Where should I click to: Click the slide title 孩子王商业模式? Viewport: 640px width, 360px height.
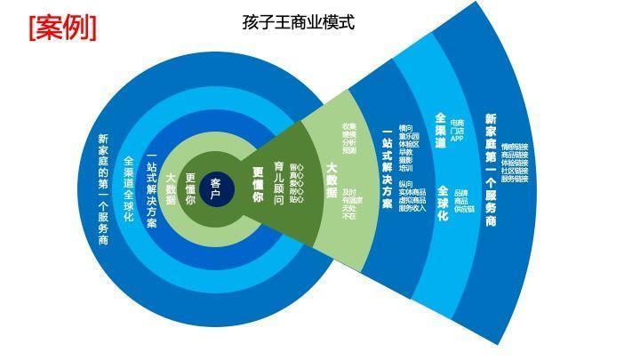[298, 22]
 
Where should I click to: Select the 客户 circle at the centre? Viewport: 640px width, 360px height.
[215, 189]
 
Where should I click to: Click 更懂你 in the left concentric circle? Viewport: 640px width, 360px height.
[190, 189]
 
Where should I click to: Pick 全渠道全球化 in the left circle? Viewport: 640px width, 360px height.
[129, 189]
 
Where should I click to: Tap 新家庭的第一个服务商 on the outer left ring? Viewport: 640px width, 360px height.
[103, 189]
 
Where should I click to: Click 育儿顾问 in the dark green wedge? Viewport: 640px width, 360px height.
[279, 183]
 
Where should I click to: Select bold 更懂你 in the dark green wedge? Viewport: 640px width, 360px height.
[258, 184]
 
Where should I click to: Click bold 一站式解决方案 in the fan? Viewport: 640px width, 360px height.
[387, 172]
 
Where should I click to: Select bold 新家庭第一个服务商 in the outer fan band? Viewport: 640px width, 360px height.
[491, 170]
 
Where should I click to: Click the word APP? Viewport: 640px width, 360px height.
[457, 138]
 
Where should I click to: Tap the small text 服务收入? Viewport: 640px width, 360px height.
[412, 208]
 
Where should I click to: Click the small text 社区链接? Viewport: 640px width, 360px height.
[515, 171]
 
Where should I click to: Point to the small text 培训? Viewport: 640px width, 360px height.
[406, 167]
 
